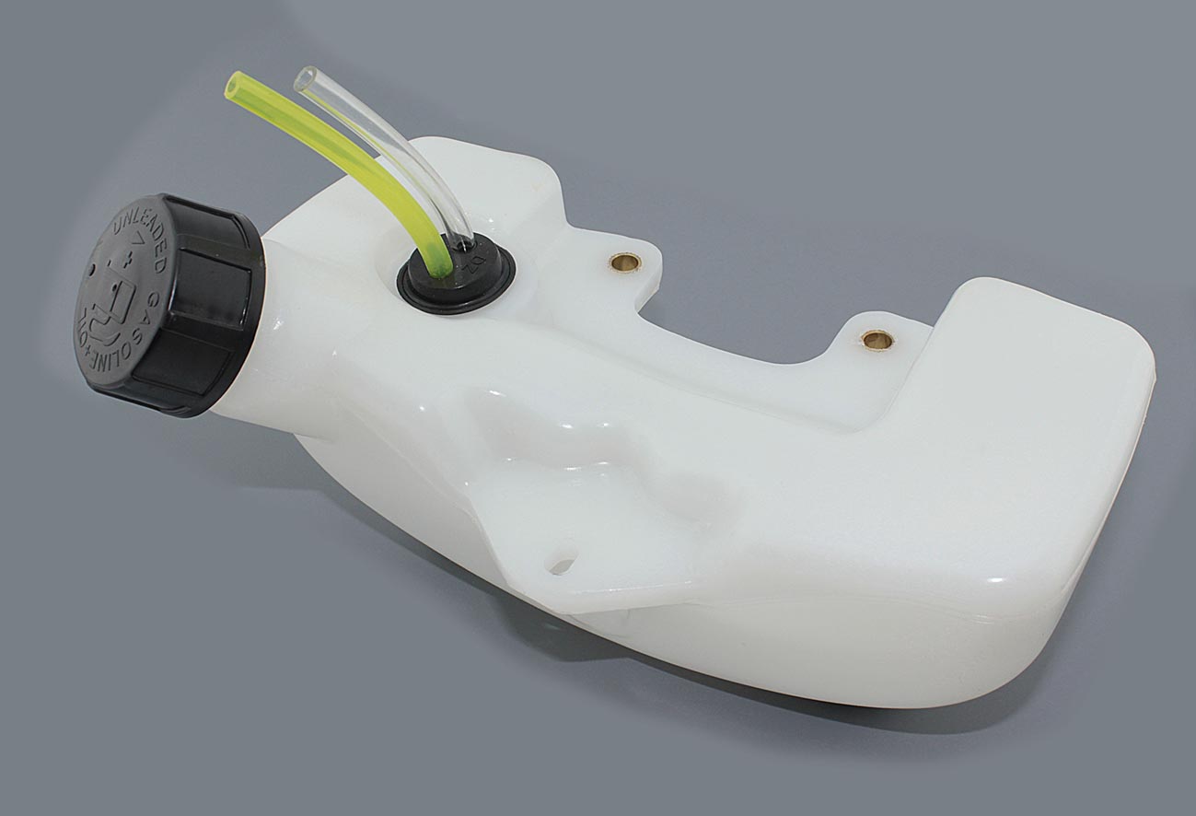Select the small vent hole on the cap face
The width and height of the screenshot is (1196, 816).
click(x=92, y=272)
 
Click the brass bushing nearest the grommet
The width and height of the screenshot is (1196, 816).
click(x=626, y=262)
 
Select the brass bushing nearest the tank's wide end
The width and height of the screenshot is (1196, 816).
click(x=877, y=340)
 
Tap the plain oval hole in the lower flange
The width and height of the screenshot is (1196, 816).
click(x=561, y=559)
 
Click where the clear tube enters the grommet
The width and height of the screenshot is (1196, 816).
click(x=465, y=241)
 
